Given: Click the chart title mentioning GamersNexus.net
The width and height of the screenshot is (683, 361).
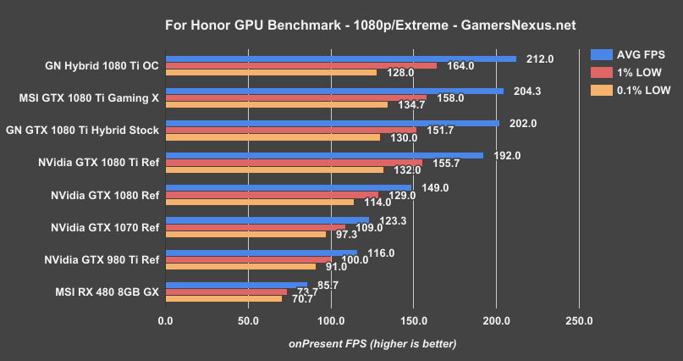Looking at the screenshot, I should pos(341,25).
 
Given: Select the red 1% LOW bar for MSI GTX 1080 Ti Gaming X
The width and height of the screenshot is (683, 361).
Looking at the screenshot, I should pos(296,97).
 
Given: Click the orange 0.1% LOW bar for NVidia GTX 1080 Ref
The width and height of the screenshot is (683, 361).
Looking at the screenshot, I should pos(259,202).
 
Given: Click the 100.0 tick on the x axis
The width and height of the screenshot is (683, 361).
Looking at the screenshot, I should pos(331,321).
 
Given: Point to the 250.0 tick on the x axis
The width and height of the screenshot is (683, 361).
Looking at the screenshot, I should pos(579,321).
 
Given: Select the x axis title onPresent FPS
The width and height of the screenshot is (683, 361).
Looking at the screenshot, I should pos(372,343).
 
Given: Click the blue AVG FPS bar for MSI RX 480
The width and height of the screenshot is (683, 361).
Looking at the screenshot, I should pos(236,284).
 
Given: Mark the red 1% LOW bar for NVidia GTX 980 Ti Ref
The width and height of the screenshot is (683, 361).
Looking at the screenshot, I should pos(249,258).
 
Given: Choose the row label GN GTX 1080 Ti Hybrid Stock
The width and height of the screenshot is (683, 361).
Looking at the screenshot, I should pos(82,131).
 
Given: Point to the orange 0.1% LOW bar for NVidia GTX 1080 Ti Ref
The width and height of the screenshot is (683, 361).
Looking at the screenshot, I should pos(274,169).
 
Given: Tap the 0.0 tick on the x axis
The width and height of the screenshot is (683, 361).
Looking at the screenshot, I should pos(166,321).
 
